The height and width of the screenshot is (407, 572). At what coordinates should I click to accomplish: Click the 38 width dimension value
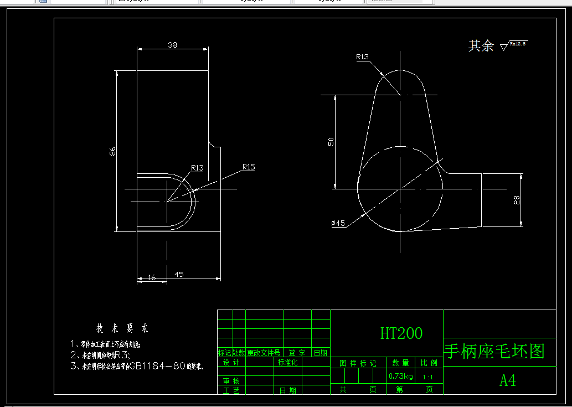coord(172,45)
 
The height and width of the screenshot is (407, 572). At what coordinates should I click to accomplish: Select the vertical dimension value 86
coord(112,151)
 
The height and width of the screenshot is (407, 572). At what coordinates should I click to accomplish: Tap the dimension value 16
coord(152,278)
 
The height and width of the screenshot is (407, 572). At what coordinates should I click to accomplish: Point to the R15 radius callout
coord(248,167)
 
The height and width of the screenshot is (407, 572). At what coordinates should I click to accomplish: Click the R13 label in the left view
coord(197,168)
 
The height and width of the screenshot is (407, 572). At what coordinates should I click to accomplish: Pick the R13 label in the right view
coord(362,56)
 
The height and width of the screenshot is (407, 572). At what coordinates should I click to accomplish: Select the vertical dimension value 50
coord(331,141)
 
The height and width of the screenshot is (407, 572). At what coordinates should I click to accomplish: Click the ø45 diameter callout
coord(338,223)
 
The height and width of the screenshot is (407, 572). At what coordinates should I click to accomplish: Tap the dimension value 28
coord(517,200)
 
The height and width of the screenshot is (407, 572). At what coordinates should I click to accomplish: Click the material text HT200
coord(401,333)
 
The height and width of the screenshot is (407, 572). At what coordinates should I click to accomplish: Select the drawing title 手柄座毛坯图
coord(494,351)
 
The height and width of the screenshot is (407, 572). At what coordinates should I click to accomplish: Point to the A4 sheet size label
coord(508,380)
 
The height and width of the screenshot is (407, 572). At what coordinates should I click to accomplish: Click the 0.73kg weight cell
coord(400,377)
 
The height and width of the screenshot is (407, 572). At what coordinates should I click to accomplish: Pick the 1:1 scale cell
coord(428,377)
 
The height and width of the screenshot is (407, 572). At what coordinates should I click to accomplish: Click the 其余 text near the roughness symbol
coord(481,46)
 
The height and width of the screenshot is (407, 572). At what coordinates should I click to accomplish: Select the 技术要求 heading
coord(122,328)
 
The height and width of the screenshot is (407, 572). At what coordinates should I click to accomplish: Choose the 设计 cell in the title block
coord(231,362)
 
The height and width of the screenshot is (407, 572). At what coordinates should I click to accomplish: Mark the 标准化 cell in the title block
coord(288,362)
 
